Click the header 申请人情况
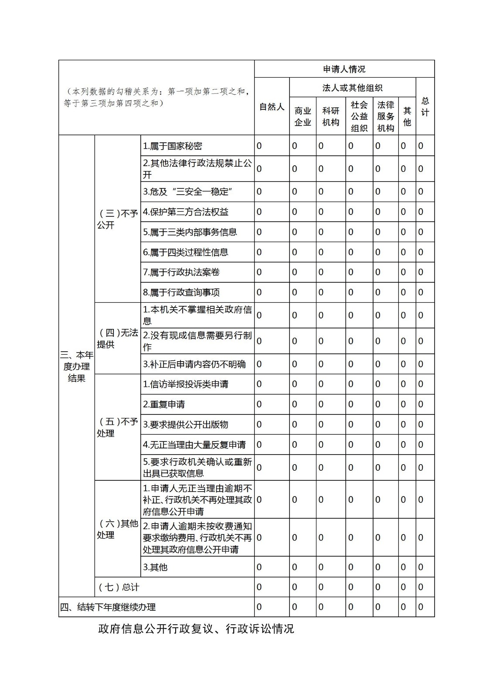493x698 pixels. (344, 69)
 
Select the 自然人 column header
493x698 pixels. (272, 106)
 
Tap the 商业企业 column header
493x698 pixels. (303, 116)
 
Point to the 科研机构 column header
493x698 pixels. (330, 116)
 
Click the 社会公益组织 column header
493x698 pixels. (359, 116)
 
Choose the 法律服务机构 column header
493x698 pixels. (385, 116)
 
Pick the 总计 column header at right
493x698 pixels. (425, 106)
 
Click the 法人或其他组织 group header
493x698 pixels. (352, 88)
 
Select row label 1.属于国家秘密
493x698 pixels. (173, 146)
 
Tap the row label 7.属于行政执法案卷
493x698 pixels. (181, 272)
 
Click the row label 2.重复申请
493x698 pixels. (164, 404)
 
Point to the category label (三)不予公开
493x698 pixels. (117, 219)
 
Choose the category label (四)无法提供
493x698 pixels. (117, 339)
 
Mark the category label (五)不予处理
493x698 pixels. (117, 428)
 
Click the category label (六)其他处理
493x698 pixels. (117, 529)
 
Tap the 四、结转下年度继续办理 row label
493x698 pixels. (108, 607)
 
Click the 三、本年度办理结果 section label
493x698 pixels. (77, 366)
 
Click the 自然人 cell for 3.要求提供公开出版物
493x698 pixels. (259, 424)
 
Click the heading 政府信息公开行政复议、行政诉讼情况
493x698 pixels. (196, 629)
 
